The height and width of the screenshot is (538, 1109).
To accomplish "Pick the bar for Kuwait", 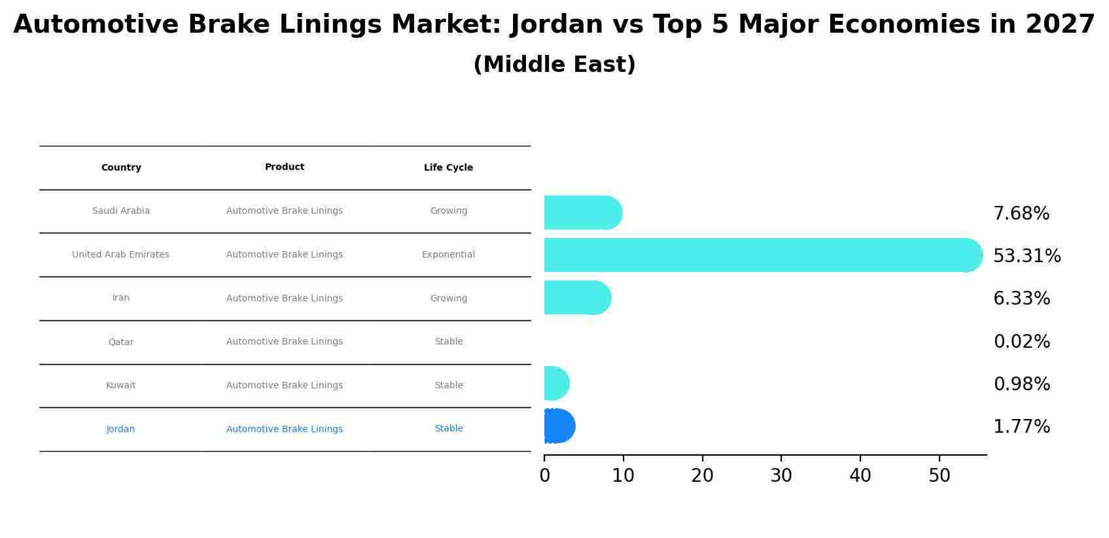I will (555, 384).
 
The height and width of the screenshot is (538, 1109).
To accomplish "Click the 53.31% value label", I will (1027, 256).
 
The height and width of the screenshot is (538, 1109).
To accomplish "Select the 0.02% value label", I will (1021, 342).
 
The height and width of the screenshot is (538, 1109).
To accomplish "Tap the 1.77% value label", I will (1021, 427).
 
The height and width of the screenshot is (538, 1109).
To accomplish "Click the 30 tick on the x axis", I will (781, 476).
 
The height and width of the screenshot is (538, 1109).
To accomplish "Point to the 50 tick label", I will (939, 476).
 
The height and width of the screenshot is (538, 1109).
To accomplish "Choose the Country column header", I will (121, 168).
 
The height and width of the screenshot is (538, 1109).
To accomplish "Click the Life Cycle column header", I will (448, 168).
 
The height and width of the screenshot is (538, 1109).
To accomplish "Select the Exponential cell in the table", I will (448, 255).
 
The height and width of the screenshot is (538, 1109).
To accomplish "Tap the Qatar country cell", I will (121, 342).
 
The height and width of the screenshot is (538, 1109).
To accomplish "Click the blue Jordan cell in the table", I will (120, 429).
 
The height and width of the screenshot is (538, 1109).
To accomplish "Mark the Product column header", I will (285, 167).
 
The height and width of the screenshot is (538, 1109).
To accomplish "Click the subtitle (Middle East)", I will (554, 65).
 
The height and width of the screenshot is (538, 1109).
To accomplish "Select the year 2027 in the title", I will (1060, 25).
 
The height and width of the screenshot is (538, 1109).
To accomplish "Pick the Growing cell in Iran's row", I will (448, 299).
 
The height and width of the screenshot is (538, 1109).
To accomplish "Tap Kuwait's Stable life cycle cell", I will (448, 386).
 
